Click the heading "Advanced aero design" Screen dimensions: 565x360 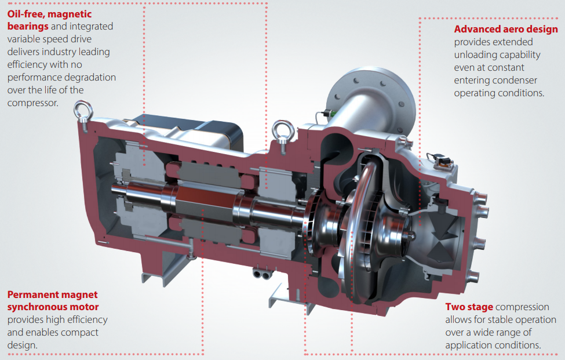506,29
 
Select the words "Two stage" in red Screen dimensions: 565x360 469,307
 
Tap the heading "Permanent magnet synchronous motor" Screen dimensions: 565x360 53,300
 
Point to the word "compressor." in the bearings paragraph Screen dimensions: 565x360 33,103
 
